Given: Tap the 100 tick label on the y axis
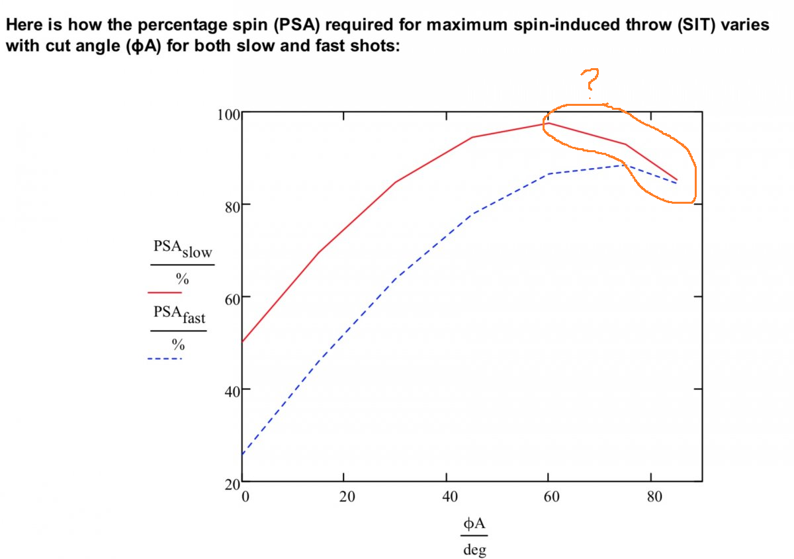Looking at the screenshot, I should point(228,113).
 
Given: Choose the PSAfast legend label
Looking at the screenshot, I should point(179,315).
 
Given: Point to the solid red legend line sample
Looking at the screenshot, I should point(165,292).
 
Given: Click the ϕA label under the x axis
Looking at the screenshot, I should point(474,525).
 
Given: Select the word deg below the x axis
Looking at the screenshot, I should point(474,549).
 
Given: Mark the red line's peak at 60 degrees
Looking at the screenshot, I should point(549,123).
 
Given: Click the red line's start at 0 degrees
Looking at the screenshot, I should point(243,342).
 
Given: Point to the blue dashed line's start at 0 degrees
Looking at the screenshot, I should point(243,454).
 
